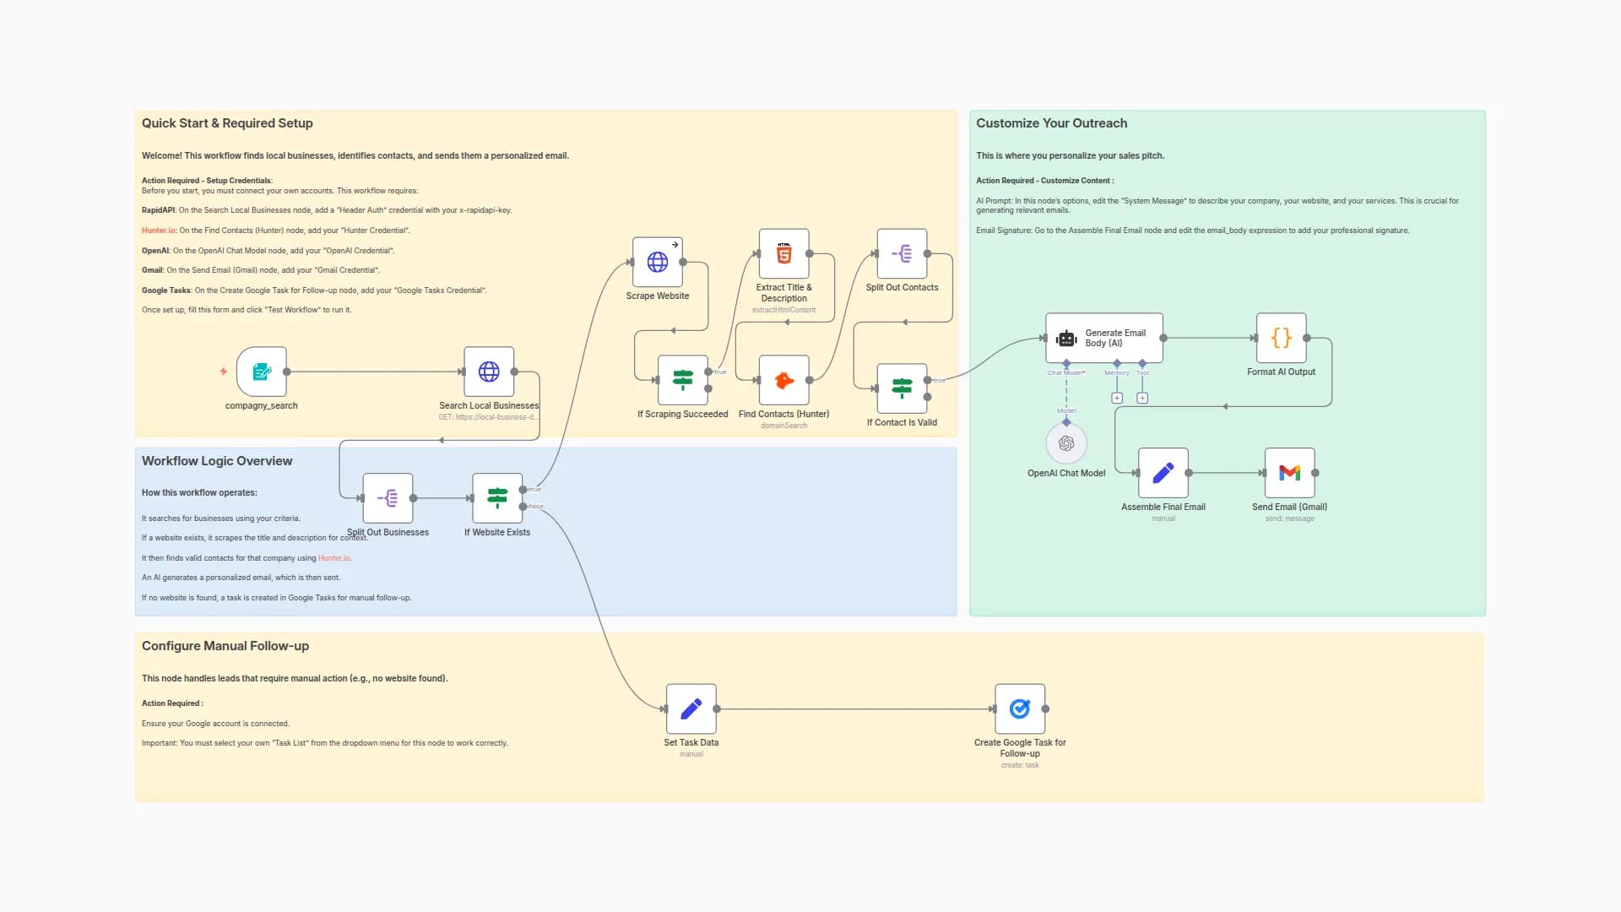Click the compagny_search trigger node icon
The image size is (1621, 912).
(262, 372)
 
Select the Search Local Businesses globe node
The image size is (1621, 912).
(489, 372)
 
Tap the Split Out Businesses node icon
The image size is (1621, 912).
(388, 498)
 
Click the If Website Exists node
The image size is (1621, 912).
(497, 498)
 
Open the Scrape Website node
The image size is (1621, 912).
(658, 262)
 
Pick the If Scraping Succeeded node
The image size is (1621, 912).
(683, 380)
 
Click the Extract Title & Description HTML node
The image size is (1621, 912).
(783, 253)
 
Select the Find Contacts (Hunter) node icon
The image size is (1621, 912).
(783, 380)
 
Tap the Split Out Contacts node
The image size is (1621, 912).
(902, 253)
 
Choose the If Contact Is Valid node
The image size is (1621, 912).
(902, 388)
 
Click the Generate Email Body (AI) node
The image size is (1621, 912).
(1103, 338)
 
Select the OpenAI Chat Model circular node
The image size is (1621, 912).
(1066, 443)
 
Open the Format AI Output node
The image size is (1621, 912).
(1281, 338)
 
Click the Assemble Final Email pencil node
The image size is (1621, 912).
(1163, 473)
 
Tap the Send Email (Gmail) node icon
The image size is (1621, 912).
(1289, 473)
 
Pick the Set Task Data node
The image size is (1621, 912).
(691, 708)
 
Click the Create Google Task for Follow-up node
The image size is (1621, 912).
(1020, 708)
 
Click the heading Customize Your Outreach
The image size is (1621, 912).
(1051, 123)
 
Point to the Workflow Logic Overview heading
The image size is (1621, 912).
(217, 461)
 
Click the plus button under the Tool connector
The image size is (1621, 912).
(1142, 398)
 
